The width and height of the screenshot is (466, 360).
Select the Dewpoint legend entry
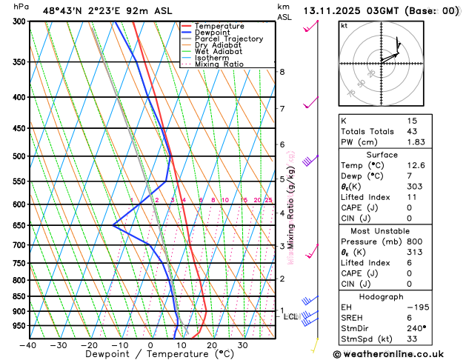point(214,33)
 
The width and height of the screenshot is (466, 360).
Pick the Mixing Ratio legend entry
point(219,64)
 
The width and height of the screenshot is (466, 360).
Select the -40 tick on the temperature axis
point(29,345)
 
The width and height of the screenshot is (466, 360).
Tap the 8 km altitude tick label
point(282,72)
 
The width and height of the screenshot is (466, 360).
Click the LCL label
point(291,317)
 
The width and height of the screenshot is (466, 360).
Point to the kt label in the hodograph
point(344,25)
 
